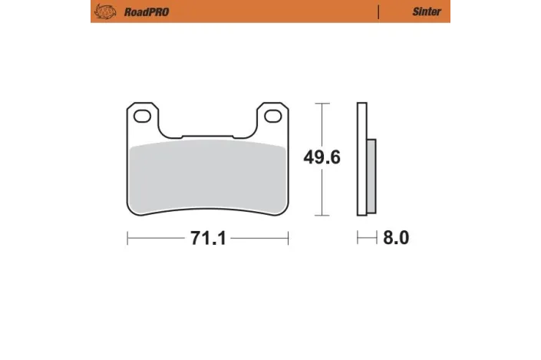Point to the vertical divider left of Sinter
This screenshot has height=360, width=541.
pyautogui.click(x=378, y=12)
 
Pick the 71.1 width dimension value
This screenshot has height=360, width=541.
pyautogui.click(x=207, y=239)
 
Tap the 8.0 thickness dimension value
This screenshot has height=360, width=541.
pyautogui.click(x=396, y=239)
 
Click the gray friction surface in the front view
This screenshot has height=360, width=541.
pyautogui.click(x=207, y=177)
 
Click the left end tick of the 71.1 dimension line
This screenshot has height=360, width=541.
pyautogui.click(x=127, y=239)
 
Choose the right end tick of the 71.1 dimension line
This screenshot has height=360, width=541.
pyautogui.click(x=289, y=239)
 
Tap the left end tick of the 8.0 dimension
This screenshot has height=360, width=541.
pyautogui.click(x=358, y=239)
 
